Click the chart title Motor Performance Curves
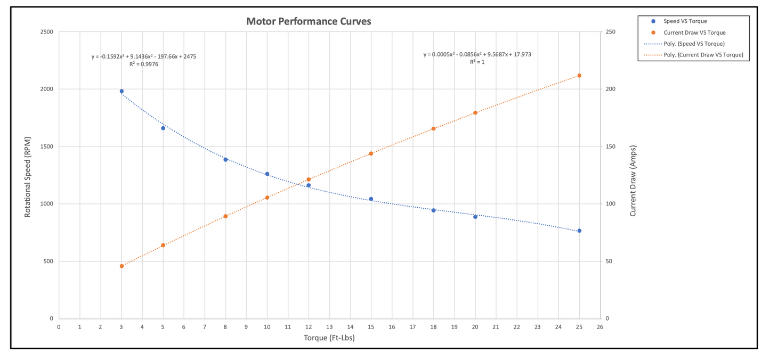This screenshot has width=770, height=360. (x=309, y=22)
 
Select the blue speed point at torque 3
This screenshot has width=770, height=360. (x=121, y=91)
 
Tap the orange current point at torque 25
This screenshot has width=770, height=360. (x=579, y=76)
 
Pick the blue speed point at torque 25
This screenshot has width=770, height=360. (x=579, y=231)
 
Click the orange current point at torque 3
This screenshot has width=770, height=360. (x=121, y=266)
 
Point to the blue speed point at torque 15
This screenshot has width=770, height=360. (x=371, y=199)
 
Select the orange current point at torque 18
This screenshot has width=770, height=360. (x=433, y=128)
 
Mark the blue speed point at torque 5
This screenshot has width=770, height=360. (x=163, y=128)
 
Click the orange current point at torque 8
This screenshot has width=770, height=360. (x=225, y=216)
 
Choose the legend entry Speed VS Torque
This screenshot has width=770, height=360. (x=685, y=21)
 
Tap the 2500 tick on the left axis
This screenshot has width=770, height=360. (x=46, y=32)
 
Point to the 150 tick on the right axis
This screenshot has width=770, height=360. (x=611, y=146)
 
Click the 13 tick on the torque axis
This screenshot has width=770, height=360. (x=329, y=326)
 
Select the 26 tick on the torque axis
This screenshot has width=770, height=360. (x=600, y=326)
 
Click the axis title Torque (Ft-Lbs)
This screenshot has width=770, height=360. (x=329, y=338)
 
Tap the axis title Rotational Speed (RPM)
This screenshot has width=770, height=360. (x=27, y=176)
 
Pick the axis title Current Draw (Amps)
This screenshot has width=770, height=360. (x=633, y=181)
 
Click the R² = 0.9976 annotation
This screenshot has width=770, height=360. (x=144, y=64)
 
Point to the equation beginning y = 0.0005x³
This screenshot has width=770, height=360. (x=477, y=54)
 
